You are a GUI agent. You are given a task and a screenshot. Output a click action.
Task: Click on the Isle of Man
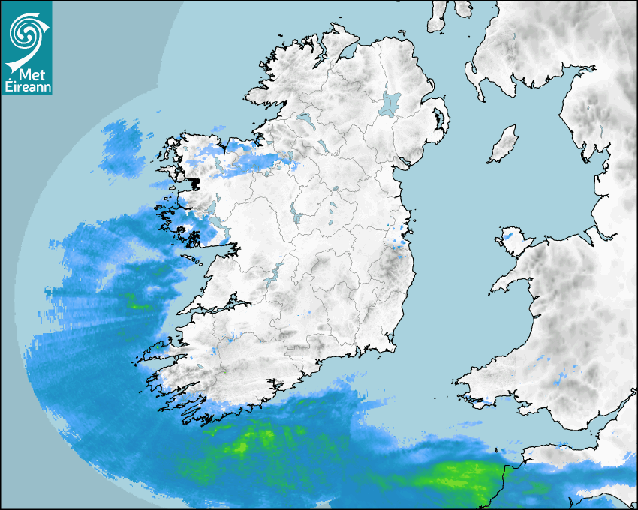(504, 145)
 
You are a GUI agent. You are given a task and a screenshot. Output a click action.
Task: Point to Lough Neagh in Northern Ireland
(390, 103)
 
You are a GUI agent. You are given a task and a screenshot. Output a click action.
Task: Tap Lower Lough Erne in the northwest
(305, 119)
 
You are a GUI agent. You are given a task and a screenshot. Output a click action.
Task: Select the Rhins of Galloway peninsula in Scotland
(472, 76)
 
